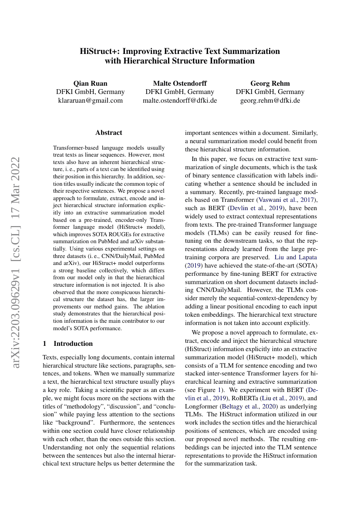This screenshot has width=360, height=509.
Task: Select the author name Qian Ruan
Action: pyautogui.click(x=90, y=83)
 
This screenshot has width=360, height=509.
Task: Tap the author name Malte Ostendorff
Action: pyautogui.click(x=180, y=83)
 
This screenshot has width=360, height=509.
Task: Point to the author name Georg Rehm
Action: pyautogui.click(x=270, y=83)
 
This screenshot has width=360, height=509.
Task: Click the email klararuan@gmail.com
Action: pyautogui.click(x=90, y=100)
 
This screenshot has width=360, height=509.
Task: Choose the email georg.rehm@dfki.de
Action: pyautogui.click(x=270, y=100)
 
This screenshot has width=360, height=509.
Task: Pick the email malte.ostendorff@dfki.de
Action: pyautogui.click(x=180, y=100)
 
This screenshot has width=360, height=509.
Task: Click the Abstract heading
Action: pyautogui.click(x=109, y=133)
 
